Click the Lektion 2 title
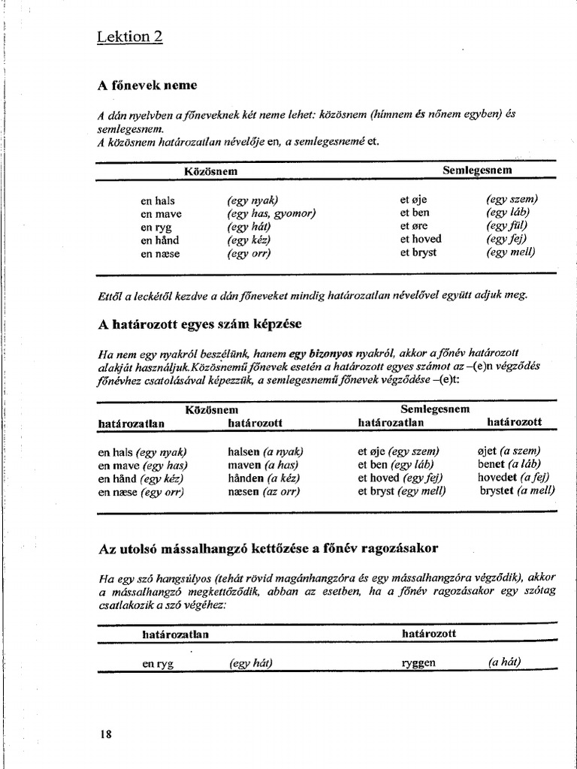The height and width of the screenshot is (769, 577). point(130,37)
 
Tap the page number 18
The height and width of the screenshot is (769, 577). point(105,734)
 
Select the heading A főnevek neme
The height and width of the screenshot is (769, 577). point(147,86)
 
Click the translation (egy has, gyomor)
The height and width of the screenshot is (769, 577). point(271,213)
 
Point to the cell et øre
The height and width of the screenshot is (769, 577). point(414,226)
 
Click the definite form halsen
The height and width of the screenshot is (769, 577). point(244,451)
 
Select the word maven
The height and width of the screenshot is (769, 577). point(244,465)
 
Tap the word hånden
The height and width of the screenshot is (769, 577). point(246,478)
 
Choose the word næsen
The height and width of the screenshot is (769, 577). point(243,492)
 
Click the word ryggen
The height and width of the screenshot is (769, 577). point(419,664)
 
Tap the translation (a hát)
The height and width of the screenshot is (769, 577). point(504,663)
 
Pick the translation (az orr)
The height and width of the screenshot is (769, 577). point(281,492)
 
